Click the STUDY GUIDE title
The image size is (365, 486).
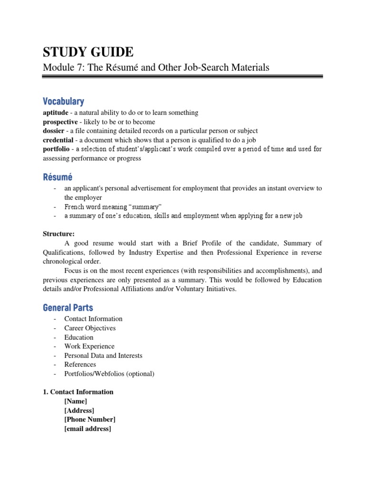tap(88, 52)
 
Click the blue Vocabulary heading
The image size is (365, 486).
tap(63, 101)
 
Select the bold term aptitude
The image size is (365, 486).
tap(55, 112)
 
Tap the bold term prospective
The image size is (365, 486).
tap(59, 121)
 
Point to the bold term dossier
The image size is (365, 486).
tap(53, 131)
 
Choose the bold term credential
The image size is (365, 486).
tap(58, 140)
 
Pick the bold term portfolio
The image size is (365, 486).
tap(56, 149)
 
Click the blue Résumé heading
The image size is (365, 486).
tap(58, 177)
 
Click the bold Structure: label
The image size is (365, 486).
tap(58, 234)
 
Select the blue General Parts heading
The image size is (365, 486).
tap(68, 308)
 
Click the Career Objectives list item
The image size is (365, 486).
tap(90, 328)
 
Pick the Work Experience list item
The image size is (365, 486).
tap(89, 346)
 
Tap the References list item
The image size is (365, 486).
tap(80, 364)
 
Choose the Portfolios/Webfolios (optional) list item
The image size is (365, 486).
tap(109, 374)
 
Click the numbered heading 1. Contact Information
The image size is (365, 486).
tap(78, 392)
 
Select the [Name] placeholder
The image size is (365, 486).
tap(76, 401)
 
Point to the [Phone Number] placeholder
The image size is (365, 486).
tap(89, 420)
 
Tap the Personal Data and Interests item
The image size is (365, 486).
tap(103, 355)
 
